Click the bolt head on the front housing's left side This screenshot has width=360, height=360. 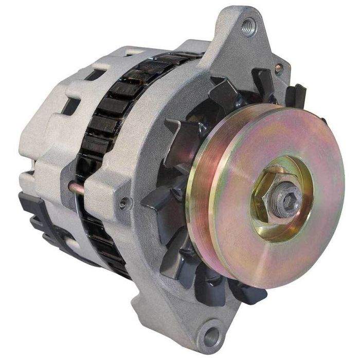123,203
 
